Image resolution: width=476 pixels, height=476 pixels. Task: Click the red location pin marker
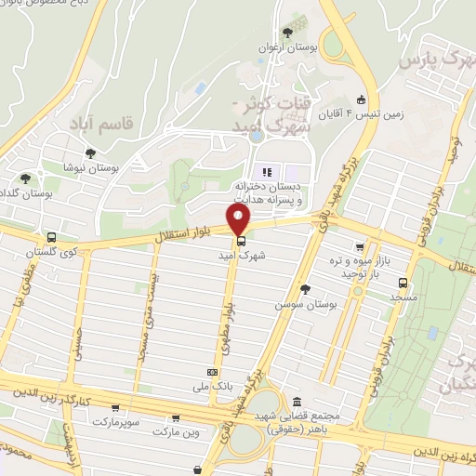tap(240, 220)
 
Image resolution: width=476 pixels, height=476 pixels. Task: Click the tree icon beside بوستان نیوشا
tap(91, 154)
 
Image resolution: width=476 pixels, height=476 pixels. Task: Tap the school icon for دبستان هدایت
tap(267, 171)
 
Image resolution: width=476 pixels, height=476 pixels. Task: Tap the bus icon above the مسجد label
tap(403, 283)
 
